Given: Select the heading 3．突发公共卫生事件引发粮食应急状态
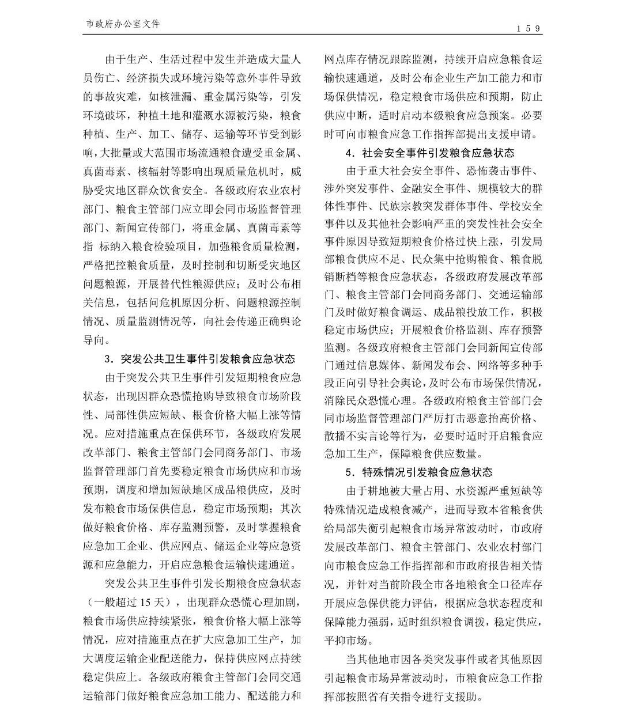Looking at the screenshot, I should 199,359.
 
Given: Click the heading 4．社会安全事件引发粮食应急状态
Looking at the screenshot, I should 430,153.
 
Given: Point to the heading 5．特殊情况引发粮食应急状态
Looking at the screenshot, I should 419,472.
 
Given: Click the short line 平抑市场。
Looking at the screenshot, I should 348,640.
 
